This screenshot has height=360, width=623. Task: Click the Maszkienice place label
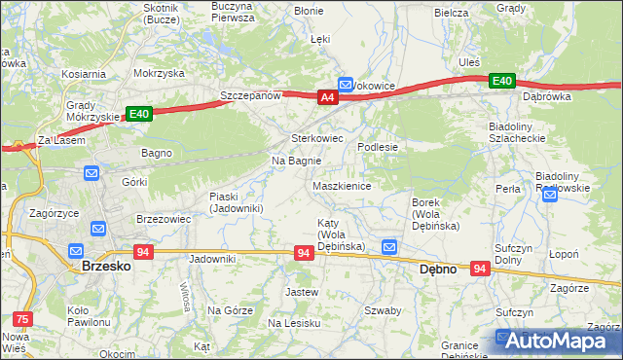click(342, 186)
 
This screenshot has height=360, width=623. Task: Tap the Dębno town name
click(437, 270)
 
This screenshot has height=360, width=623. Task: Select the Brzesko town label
click(100, 265)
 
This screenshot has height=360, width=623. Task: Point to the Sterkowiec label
click(317, 138)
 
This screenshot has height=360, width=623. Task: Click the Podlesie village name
click(378, 147)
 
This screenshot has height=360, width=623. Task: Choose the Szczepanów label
click(250, 96)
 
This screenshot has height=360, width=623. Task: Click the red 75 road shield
click(20, 317)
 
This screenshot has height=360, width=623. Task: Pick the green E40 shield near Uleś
click(501, 81)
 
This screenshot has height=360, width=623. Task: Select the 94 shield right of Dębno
click(479, 268)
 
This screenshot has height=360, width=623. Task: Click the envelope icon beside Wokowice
click(346, 86)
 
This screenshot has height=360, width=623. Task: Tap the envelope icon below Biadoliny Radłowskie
click(550, 196)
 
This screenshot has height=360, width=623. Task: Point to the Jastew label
click(301, 292)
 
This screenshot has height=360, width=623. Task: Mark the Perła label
click(507, 189)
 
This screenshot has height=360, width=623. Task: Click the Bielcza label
click(452, 13)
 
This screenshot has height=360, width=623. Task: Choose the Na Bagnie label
click(296, 161)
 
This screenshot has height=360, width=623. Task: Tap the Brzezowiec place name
click(163, 220)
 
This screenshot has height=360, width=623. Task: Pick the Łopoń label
click(565, 255)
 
